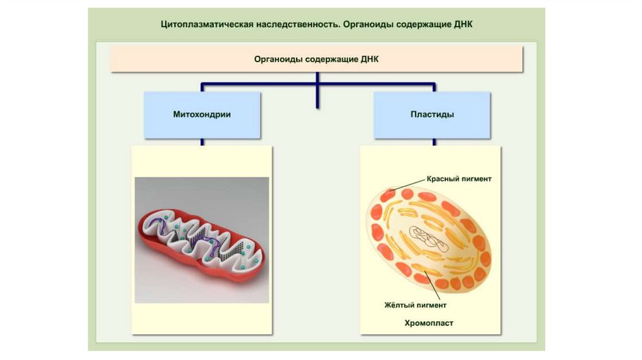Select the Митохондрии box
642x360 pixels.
click(202, 115)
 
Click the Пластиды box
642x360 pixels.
click(432, 115)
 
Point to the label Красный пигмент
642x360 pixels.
click(459, 179)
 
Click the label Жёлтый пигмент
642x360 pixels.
click(415, 306)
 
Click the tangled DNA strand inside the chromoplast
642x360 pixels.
click(428, 239)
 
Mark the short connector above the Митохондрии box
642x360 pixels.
click(202, 87)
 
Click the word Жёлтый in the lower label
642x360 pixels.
click(398, 306)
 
